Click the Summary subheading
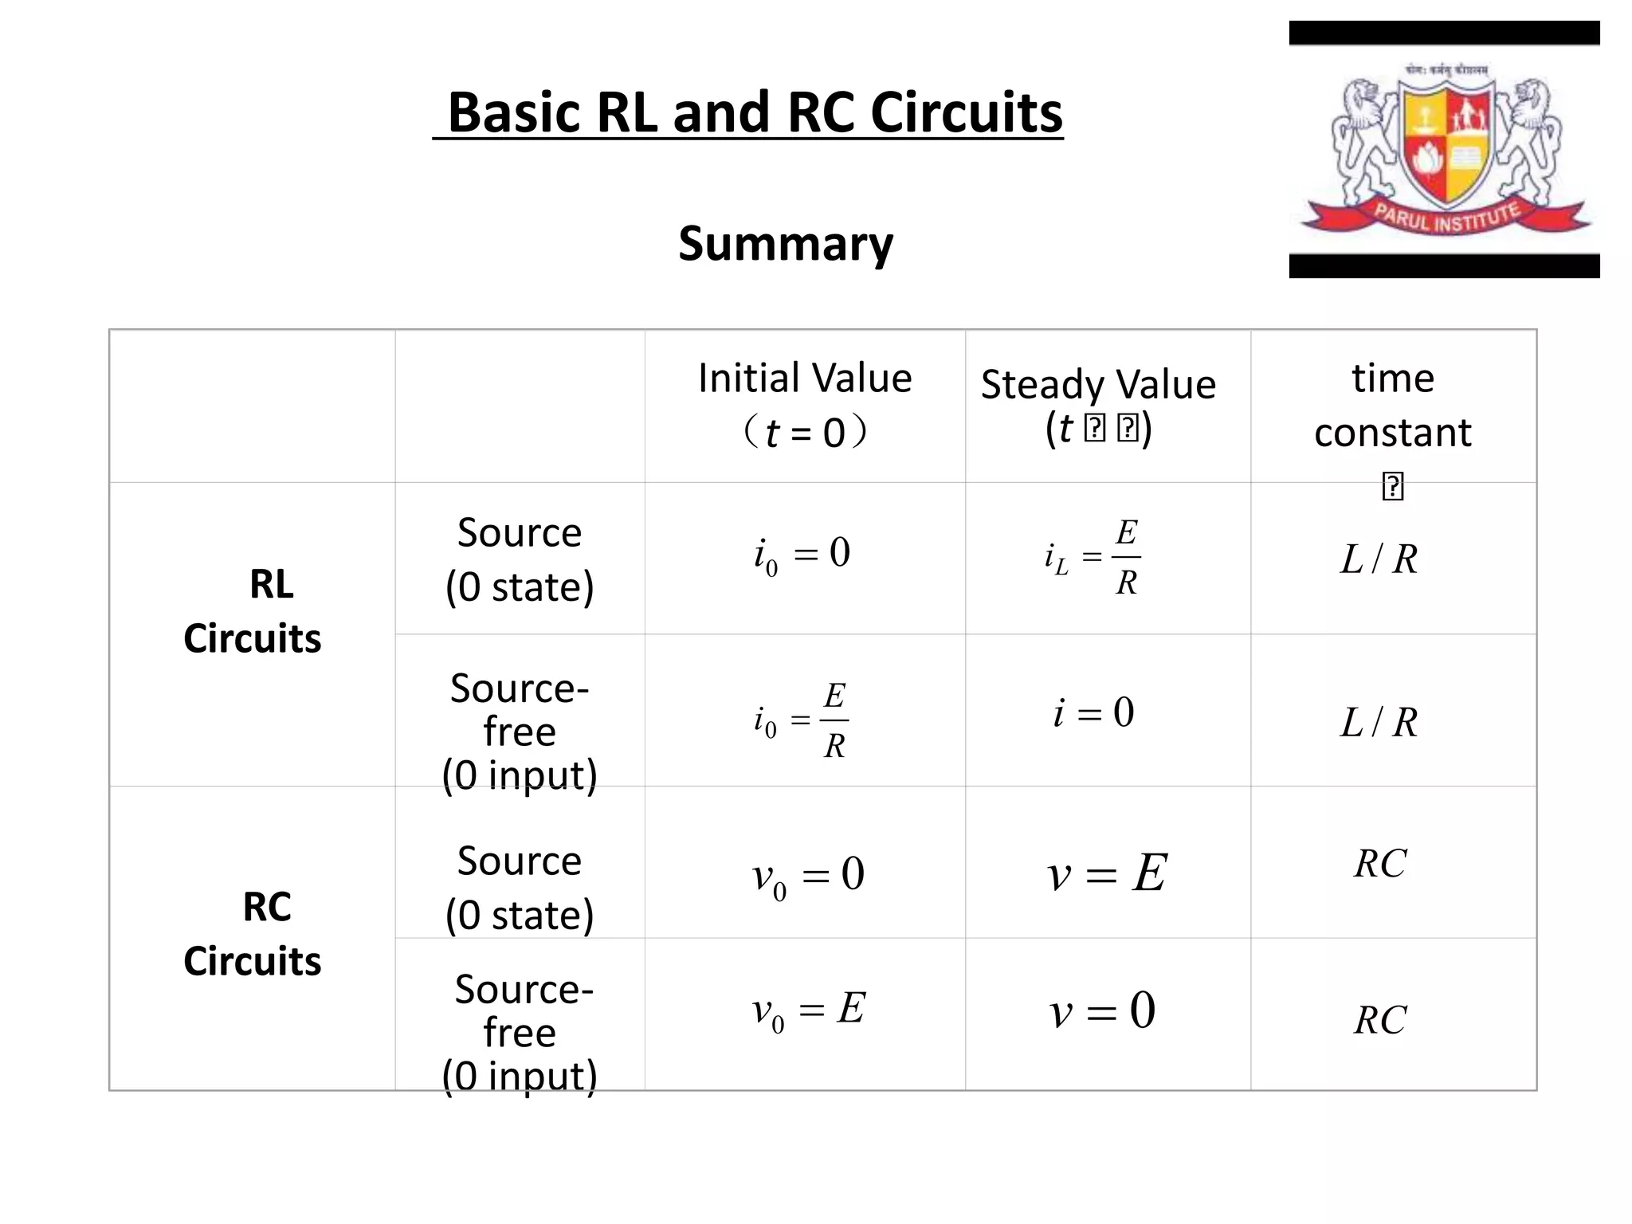click(786, 243)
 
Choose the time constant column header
click(1393, 405)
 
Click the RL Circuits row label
click(253, 611)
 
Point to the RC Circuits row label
click(253, 933)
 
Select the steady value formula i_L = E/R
click(1093, 557)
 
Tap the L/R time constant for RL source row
click(1379, 559)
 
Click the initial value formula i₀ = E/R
click(802, 720)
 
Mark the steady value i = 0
click(1093, 712)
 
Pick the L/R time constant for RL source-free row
click(1379, 722)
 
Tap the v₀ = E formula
click(808, 1010)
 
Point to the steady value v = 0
click(1103, 1011)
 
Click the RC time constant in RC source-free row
click(1380, 1020)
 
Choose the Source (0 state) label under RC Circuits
click(520, 888)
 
